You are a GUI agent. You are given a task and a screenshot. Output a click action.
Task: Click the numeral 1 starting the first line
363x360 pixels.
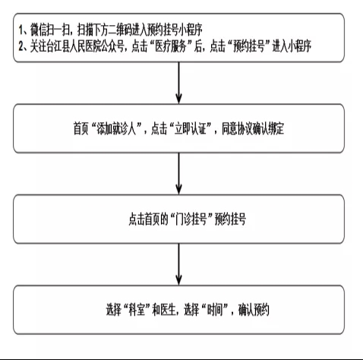(21, 30)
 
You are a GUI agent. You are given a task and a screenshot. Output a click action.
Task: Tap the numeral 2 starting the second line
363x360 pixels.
(21, 46)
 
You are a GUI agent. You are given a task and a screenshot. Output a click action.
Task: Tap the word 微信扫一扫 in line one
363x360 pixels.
(50, 30)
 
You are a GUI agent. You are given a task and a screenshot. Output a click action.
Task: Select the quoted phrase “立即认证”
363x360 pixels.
(191, 128)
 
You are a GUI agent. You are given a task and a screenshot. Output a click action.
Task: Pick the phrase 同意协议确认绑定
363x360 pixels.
(253, 128)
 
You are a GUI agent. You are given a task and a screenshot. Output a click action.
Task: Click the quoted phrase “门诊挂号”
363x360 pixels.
(191, 219)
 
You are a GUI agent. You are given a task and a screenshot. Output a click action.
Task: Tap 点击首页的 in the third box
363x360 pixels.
(148, 219)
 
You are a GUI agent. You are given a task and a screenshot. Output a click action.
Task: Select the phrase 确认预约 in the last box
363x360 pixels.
(254, 310)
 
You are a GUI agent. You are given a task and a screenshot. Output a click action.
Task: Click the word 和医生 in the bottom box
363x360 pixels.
(164, 310)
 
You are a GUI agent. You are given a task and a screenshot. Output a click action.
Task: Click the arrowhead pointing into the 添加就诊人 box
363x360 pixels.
(178, 99)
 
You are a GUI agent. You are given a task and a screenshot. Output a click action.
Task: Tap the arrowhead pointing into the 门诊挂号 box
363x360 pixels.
(178, 189)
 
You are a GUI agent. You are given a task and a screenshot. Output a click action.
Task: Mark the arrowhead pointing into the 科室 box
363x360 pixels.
(178, 279)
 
